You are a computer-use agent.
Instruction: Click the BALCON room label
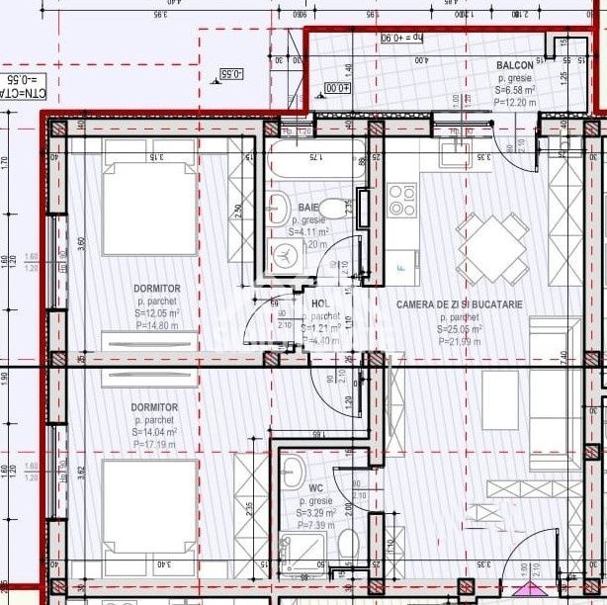click(516, 65)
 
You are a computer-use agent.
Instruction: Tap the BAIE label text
click(281, 207)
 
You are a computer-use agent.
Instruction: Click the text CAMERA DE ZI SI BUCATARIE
click(459, 305)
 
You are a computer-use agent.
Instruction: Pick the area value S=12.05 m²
click(156, 313)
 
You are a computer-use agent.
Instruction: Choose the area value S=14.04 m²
click(155, 432)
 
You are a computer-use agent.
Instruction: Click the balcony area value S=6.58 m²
click(516, 90)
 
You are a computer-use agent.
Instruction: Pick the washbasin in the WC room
click(293, 469)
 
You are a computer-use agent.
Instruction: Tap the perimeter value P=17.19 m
click(155, 445)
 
